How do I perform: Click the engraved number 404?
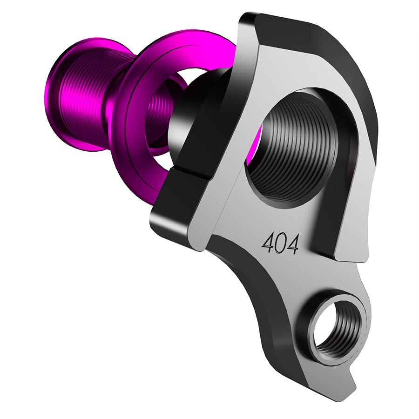tap(280, 243)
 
